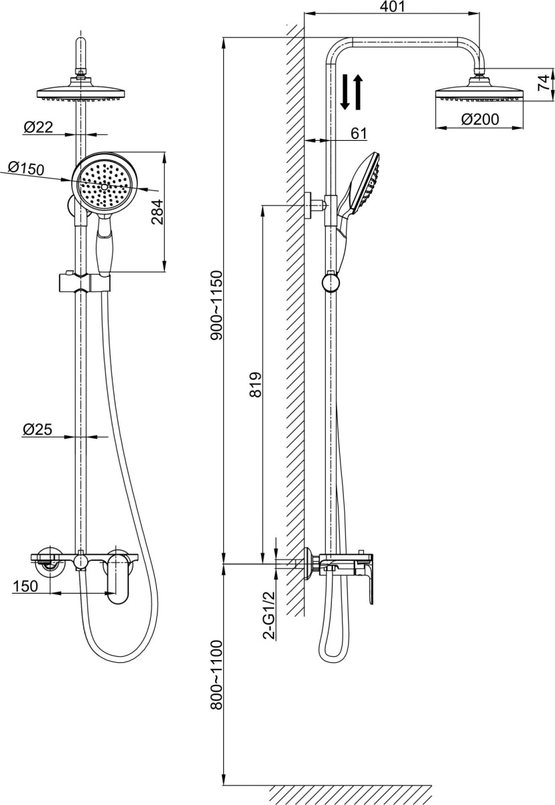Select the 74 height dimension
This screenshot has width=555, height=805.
tap(544, 82)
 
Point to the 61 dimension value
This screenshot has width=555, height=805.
tap(359, 133)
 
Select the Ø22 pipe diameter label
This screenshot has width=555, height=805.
tap(38, 127)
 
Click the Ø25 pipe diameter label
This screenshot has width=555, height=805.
tap(38, 429)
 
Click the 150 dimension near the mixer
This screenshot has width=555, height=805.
tap(24, 586)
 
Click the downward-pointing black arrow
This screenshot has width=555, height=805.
tap(345, 93)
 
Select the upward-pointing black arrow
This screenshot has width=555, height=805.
tap(358, 93)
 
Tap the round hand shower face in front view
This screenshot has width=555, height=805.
tap(105, 183)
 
